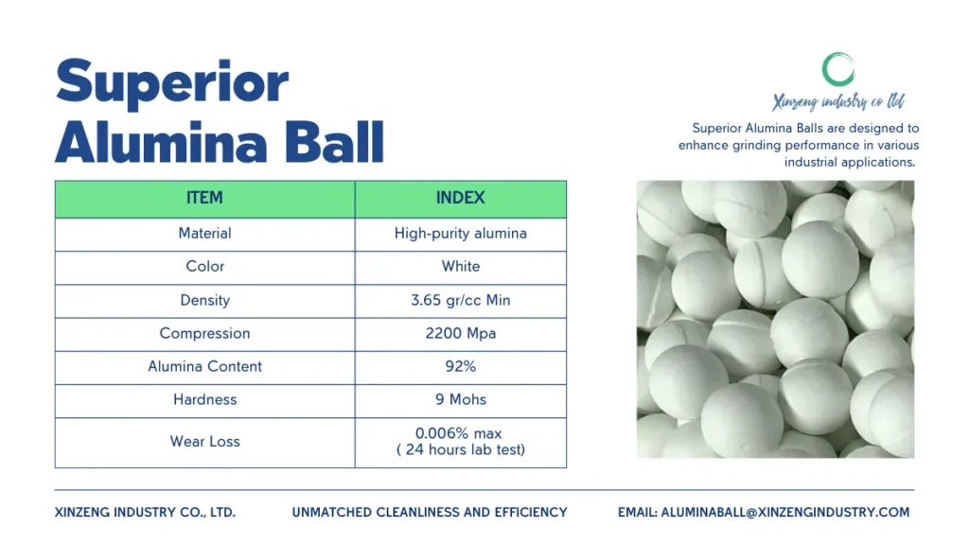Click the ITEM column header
click(x=204, y=198)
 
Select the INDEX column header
click(x=461, y=198)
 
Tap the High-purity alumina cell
click(x=461, y=234)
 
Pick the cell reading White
click(x=461, y=266)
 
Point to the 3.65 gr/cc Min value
click(x=461, y=300)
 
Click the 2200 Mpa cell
click(x=461, y=334)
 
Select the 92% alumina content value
click(x=461, y=366)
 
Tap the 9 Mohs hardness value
click(x=461, y=400)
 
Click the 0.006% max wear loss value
click(x=459, y=433)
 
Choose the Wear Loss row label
click(x=204, y=441)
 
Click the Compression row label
click(x=204, y=334)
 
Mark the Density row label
click(x=204, y=300)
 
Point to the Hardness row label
click(x=204, y=400)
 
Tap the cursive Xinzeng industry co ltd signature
click(x=838, y=101)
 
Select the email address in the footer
click(x=784, y=512)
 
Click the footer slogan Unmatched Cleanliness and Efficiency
click(x=430, y=512)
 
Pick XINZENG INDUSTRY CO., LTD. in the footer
click(x=145, y=512)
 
